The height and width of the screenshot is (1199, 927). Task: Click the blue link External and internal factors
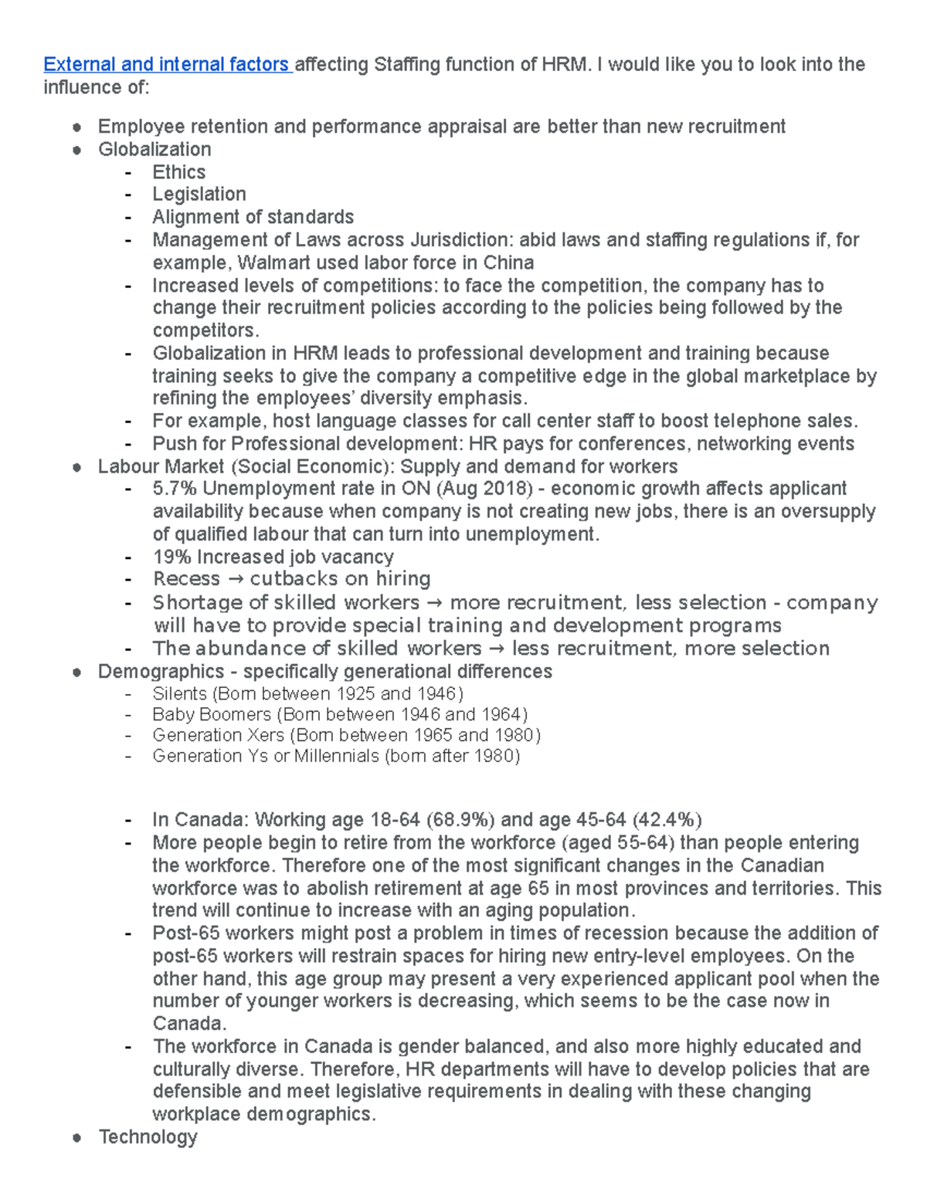coord(166,65)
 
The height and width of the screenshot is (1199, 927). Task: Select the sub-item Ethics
coord(178,172)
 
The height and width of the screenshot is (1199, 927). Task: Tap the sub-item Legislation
coord(199,195)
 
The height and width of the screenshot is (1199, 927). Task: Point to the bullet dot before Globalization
coord(76,151)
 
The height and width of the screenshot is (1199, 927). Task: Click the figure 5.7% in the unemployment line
coord(175,489)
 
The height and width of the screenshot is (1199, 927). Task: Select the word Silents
coord(179,693)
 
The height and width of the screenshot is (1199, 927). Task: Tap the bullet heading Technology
coord(148,1137)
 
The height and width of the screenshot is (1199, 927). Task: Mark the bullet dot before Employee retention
coord(76,127)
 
